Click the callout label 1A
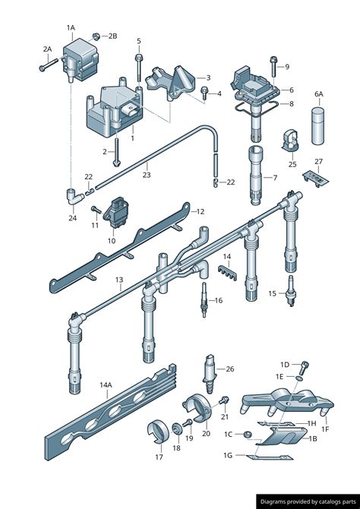pyautogui.click(x=71, y=28)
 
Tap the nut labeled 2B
pyautogui.click(x=96, y=36)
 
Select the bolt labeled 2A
pyautogui.click(x=49, y=65)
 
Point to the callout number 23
pyautogui.click(x=147, y=175)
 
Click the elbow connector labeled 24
pyautogui.click(x=74, y=197)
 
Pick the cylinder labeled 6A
pyautogui.click(x=318, y=126)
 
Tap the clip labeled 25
pyautogui.click(x=291, y=141)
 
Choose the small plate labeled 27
pyautogui.click(x=315, y=179)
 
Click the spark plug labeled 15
pyautogui.click(x=291, y=291)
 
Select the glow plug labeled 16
pyautogui.click(x=204, y=299)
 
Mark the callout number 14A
pyautogui.click(x=106, y=385)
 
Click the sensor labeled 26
pyautogui.click(x=209, y=374)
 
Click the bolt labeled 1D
pyautogui.click(x=304, y=368)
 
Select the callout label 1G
pyautogui.click(x=228, y=455)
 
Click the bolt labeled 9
pyautogui.click(x=273, y=66)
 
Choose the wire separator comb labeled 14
pyautogui.click(x=227, y=273)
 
